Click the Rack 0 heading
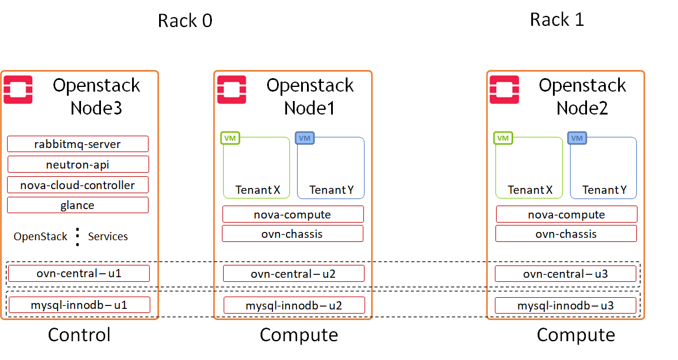[185, 21]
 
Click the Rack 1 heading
[556, 19]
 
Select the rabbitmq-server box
[77, 144]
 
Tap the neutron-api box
[77, 164]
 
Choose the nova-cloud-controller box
[77, 185]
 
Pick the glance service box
[77, 205]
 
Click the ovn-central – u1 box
[79, 273]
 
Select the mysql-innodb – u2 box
[294, 305]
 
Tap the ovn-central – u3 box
[565, 274]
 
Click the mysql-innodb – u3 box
[565, 305]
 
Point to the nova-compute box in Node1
[292, 214]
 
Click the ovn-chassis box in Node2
[566, 234]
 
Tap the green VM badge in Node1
[230, 138]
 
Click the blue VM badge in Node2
[577, 138]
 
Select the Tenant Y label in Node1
[331, 190]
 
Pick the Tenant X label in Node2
[530, 190]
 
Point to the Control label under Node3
[79, 335]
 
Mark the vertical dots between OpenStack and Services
[77, 236]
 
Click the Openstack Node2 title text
[582, 96]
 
